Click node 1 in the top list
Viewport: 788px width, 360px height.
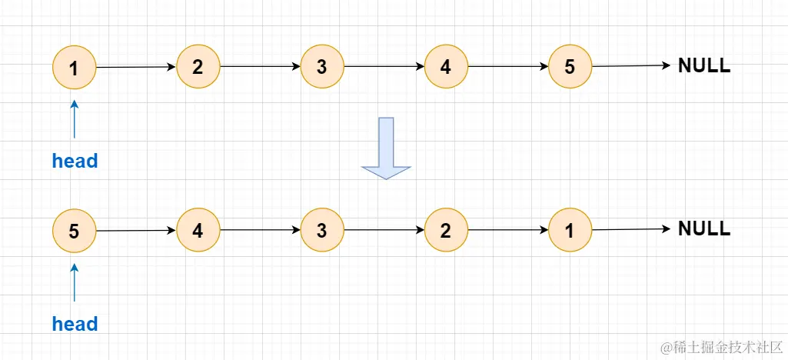coord(74,68)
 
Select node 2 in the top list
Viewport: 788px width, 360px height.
coord(198,67)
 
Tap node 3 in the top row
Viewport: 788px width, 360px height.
coord(322,67)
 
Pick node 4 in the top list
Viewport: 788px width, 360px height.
coord(446,67)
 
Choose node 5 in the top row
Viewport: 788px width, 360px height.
coord(570,67)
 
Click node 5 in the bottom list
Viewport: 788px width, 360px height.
coord(74,230)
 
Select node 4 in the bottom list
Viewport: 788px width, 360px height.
coord(198,230)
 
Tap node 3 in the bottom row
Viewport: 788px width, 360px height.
coord(322,230)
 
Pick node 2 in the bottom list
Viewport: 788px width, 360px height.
coord(446,230)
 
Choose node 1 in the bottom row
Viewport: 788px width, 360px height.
coord(570,230)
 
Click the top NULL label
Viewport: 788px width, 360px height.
coord(704,66)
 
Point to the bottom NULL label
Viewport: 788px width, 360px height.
coord(704,229)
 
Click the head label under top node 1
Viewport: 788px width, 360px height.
coord(75,162)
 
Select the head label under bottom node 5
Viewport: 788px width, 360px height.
coord(75,324)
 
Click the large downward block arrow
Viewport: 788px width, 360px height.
coord(387,148)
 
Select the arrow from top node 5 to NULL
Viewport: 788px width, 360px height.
coord(631,66)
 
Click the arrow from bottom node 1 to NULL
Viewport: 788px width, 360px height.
coord(631,229)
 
